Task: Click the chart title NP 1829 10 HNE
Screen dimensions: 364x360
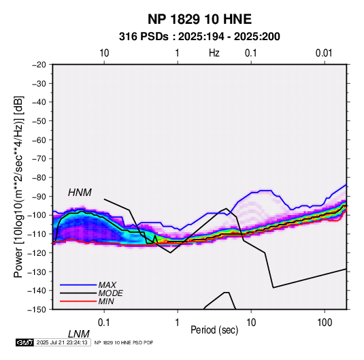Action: (x=199, y=19)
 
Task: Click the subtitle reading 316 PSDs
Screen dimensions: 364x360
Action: (x=144, y=37)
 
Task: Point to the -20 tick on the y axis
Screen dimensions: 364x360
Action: (x=39, y=65)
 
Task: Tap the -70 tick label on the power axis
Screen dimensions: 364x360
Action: (x=39, y=159)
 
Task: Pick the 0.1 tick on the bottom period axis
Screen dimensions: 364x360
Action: (x=104, y=323)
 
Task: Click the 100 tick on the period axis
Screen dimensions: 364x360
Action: (x=325, y=323)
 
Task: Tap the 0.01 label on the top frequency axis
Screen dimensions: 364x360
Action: (x=324, y=53)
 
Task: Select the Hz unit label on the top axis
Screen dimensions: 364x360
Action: (x=214, y=53)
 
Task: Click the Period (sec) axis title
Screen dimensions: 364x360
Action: (x=214, y=330)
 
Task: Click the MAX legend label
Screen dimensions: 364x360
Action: (x=107, y=285)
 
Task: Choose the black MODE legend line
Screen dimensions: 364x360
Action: (x=78, y=293)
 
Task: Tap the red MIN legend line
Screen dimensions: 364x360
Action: (x=78, y=301)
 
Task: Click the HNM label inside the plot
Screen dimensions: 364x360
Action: (x=80, y=193)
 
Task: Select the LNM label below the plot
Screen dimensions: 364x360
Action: (x=79, y=334)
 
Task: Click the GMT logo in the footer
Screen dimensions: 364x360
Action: (x=24, y=342)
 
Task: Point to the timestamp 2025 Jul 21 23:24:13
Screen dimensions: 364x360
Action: (x=62, y=342)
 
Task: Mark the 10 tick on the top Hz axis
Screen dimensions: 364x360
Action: (x=104, y=53)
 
